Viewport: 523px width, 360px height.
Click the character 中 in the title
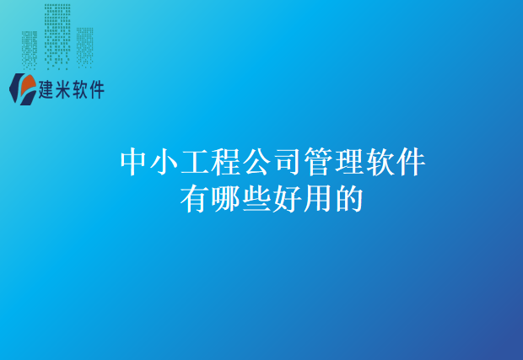[x=135, y=162]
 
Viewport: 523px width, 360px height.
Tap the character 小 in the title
[x=165, y=162]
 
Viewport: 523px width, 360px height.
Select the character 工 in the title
[x=197, y=162]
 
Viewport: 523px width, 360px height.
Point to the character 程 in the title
[x=227, y=162]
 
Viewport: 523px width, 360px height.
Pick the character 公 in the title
[x=257, y=162]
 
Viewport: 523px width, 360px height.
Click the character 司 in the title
[x=288, y=162]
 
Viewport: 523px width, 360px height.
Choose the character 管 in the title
[x=318, y=162]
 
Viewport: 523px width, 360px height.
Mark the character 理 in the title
[x=348, y=162]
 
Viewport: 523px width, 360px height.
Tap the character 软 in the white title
[x=379, y=162]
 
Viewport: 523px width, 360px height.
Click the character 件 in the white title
[x=409, y=162]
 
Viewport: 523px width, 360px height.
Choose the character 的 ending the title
[x=348, y=199]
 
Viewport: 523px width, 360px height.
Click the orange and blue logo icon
[x=22, y=88]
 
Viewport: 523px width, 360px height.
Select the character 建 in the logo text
[x=49, y=89]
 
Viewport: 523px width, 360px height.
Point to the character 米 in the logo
[x=67, y=89]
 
